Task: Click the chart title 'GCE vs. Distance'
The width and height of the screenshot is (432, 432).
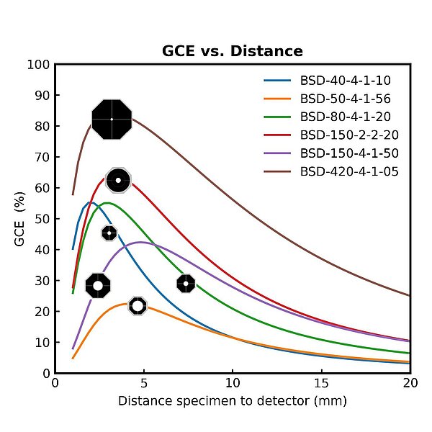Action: [x=231, y=51]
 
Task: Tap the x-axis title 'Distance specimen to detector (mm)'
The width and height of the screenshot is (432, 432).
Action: [x=232, y=401]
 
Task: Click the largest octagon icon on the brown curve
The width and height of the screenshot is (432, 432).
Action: [x=112, y=119]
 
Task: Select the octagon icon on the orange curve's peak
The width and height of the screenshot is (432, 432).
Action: [x=138, y=306]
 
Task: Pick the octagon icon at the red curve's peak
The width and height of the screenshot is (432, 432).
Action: [x=118, y=180]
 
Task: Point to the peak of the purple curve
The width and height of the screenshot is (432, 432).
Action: [x=141, y=242]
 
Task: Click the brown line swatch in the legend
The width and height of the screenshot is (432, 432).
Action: [x=278, y=171]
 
